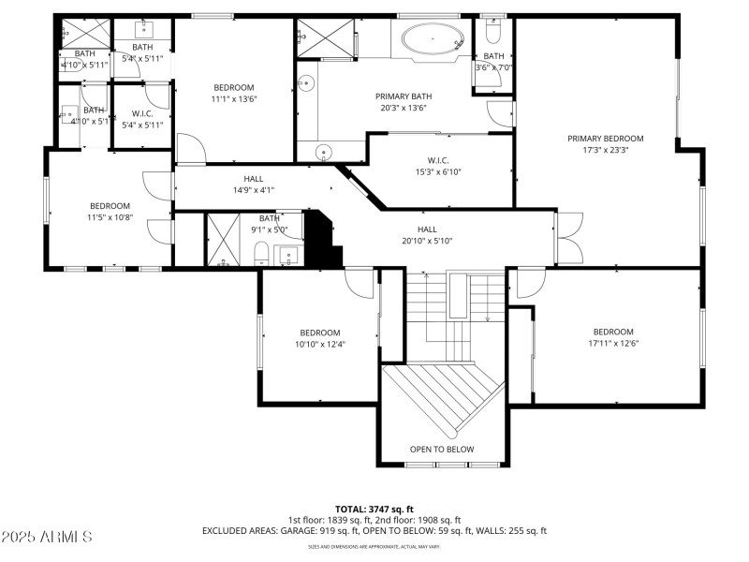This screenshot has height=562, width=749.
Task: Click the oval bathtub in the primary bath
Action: [432, 39]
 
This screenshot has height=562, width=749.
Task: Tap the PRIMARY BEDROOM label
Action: [606, 144]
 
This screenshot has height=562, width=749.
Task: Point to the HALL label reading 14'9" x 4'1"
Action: [254, 184]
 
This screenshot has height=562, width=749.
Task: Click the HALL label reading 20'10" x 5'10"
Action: [427, 235]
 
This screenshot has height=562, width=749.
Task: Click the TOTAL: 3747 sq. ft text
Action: [374, 509]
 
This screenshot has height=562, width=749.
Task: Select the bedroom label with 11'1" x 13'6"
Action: [234, 93]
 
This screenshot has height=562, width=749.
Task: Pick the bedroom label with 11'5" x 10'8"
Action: [110, 212]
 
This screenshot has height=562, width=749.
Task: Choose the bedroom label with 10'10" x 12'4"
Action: [319, 338]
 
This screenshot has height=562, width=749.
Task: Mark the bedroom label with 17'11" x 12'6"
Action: [613, 337]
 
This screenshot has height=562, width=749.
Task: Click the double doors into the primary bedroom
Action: [567, 238]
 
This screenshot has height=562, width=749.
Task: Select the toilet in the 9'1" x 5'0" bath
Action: [262, 253]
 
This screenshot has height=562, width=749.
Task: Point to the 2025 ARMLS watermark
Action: [47, 537]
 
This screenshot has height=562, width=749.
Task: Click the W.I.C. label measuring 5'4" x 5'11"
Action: [142, 119]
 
